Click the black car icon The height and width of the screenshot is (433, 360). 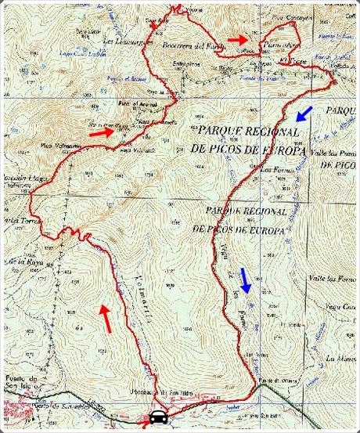157,417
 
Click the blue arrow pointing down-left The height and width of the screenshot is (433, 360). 304,114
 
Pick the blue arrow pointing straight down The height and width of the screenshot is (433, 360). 246,279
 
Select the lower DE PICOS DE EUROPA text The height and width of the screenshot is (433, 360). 236,229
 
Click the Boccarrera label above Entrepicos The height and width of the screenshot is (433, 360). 185,45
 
